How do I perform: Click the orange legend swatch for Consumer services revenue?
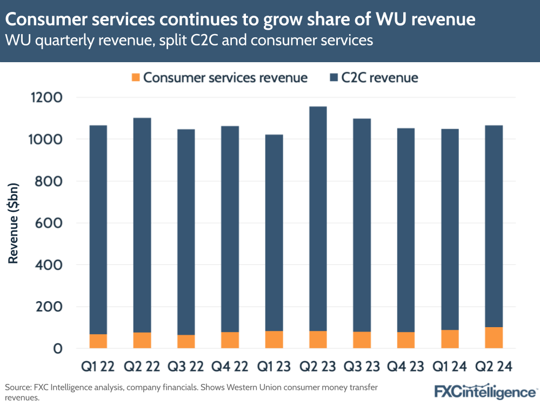pyautogui.click(x=136, y=78)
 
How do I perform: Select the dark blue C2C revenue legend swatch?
pyautogui.click(x=334, y=78)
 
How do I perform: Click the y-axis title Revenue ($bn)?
pyautogui.click(x=14, y=223)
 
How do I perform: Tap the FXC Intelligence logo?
pyautogui.click(x=485, y=391)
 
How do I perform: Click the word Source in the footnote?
pyautogui.click(x=17, y=388)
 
